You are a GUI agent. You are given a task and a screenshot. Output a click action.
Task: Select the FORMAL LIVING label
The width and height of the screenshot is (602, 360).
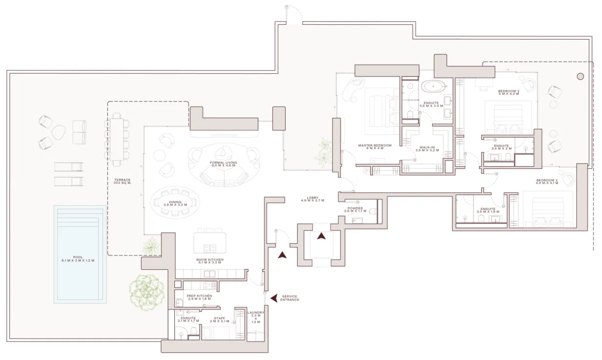(223, 164)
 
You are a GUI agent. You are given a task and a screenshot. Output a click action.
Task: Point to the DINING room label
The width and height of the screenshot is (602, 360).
(175, 204)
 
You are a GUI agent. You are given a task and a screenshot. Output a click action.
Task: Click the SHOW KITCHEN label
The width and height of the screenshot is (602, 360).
(210, 261)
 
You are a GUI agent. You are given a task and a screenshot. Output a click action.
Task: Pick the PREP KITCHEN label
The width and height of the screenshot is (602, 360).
(199, 297)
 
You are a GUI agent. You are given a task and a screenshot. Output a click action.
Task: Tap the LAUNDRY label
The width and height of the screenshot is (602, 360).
(256, 317)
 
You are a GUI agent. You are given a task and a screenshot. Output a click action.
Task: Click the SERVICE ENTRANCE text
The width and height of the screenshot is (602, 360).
(290, 298)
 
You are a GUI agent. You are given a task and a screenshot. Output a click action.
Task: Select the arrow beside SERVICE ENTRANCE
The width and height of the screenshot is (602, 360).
(274, 297)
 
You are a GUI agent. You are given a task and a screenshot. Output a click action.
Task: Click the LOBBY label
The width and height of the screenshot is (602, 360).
(312, 199)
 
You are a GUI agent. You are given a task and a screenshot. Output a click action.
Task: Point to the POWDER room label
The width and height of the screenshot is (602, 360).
(355, 210)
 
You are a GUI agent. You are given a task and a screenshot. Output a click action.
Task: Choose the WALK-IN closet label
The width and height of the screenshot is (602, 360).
(427, 148)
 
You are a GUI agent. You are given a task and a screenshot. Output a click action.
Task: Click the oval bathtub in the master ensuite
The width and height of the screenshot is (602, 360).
(433, 87)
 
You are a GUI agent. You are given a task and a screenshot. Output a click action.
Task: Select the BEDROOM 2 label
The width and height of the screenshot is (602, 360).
(509, 93)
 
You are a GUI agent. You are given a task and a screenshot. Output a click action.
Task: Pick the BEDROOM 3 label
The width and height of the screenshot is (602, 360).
(546, 182)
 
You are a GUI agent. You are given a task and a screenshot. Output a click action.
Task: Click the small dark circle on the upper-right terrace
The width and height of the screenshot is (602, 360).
(580, 76)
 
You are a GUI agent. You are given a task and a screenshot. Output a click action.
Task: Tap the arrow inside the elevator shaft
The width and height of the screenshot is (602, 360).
(321, 236)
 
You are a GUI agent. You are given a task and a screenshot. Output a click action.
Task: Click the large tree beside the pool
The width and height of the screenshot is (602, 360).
(146, 292)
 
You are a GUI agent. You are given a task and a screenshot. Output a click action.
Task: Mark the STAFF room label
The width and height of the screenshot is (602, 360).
(219, 319)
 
